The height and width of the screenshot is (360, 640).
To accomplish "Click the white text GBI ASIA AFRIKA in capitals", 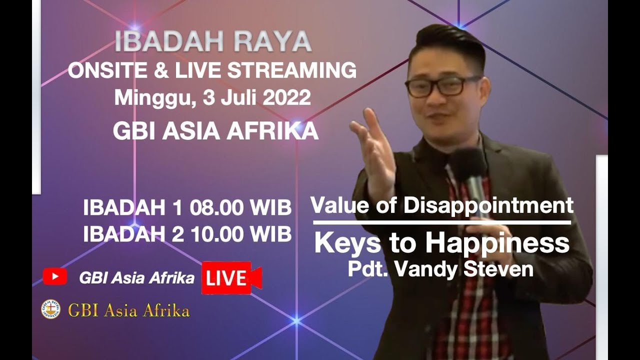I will (x=215, y=131).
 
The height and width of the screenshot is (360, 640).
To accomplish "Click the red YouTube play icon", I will (x=54, y=276).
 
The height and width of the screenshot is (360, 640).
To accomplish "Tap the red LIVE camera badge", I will (x=231, y=278).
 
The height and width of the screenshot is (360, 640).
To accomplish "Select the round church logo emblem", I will (x=50, y=309).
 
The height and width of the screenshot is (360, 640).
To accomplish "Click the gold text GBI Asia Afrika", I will (x=128, y=310).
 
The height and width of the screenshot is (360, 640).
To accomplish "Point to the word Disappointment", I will (x=488, y=205).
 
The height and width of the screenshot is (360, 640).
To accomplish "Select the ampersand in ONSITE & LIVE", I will (x=160, y=70).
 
